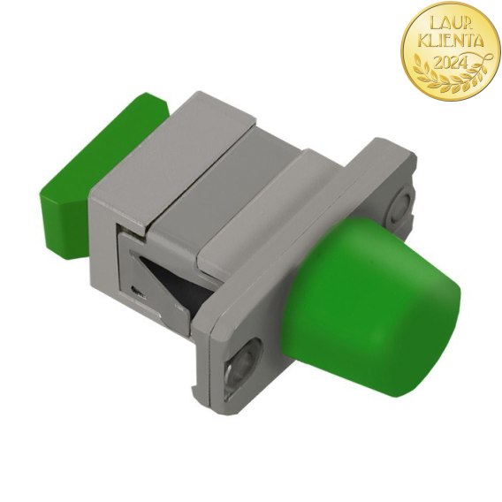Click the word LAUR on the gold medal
click(x=450, y=23)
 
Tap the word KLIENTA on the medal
click(x=452, y=42)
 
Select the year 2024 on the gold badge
click(x=451, y=63)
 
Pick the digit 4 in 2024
click(x=464, y=62)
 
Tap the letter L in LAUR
click(x=434, y=23)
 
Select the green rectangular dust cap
click(x=104, y=173)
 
